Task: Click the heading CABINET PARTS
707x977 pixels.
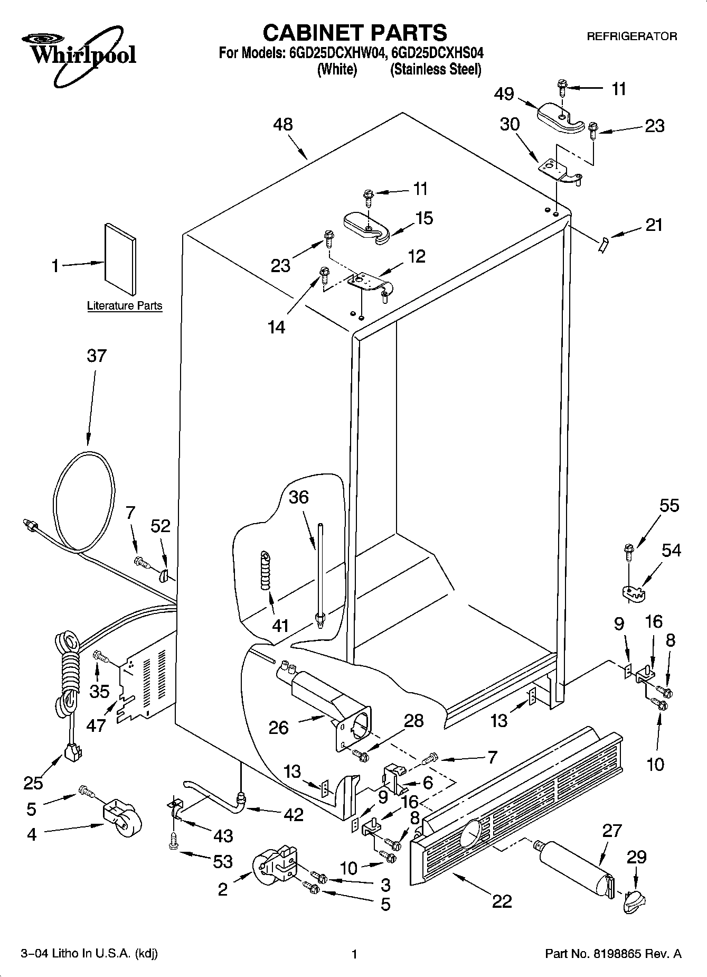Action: (x=354, y=33)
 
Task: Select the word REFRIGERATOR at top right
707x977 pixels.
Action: (x=631, y=36)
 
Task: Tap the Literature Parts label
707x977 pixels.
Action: (x=125, y=305)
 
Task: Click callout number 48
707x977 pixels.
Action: (x=283, y=125)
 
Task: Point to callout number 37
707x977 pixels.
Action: (x=97, y=356)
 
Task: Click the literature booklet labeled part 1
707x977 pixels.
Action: (x=120, y=258)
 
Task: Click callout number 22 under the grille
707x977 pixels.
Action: (x=502, y=901)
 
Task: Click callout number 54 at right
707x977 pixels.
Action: (x=671, y=550)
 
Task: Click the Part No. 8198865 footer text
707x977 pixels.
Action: (x=612, y=954)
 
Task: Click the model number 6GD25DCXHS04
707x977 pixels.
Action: (x=438, y=53)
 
